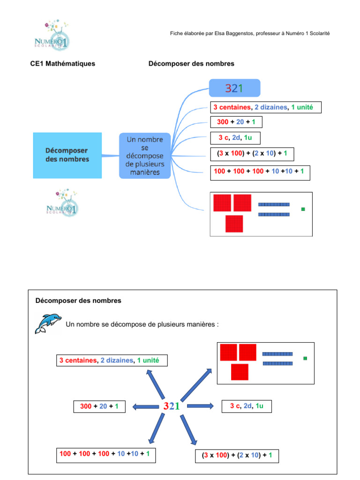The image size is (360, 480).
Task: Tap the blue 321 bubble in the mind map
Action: [x=234, y=89]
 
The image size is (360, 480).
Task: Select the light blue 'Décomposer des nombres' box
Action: [x=67, y=155]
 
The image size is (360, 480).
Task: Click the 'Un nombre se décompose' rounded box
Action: [x=145, y=156]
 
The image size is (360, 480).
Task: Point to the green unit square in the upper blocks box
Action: [x=303, y=209]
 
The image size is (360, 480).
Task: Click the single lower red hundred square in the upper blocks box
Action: [x=234, y=224]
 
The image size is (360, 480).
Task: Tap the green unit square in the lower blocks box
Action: [x=305, y=358]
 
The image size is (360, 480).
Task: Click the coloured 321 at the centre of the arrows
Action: [x=172, y=406]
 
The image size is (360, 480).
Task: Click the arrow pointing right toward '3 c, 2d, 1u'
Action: [x=201, y=406]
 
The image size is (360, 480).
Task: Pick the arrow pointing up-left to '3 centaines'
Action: [x=156, y=384]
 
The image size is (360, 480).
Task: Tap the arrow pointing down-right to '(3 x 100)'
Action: [x=189, y=428]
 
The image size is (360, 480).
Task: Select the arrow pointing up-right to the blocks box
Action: [x=196, y=384]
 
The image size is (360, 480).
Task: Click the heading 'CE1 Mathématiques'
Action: [x=63, y=63]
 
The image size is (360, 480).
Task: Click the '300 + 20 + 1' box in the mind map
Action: [x=237, y=122]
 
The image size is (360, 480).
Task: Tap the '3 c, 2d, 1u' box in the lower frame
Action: [x=247, y=406]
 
